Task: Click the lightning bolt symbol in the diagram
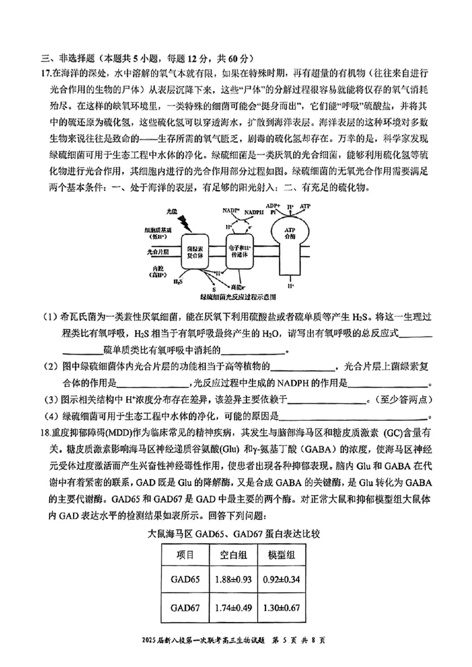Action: pyautogui.click(x=184, y=222)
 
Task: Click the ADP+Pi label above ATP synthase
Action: pyautogui.click(x=273, y=209)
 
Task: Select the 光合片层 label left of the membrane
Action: pyautogui.click(x=157, y=251)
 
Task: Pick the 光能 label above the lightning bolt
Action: pyautogui.click(x=172, y=211)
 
